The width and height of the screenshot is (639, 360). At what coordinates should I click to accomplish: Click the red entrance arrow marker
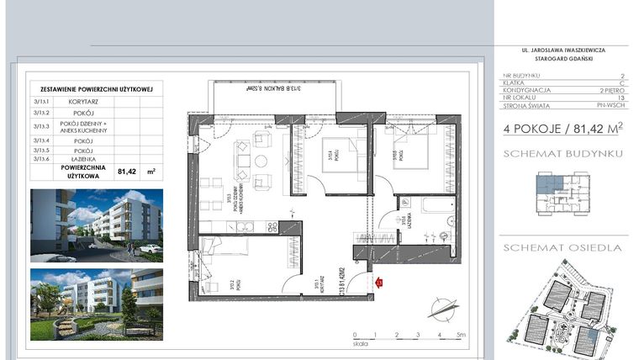click(x=379, y=284)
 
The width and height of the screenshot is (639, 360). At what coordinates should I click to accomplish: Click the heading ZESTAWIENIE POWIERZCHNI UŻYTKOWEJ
click(x=95, y=88)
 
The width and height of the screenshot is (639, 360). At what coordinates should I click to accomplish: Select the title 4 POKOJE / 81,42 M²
click(x=562, y=129)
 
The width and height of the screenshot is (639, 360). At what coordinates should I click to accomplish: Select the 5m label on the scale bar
click(x=462, y=334)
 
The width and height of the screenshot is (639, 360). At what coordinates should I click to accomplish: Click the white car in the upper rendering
click(x=151, y=248)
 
